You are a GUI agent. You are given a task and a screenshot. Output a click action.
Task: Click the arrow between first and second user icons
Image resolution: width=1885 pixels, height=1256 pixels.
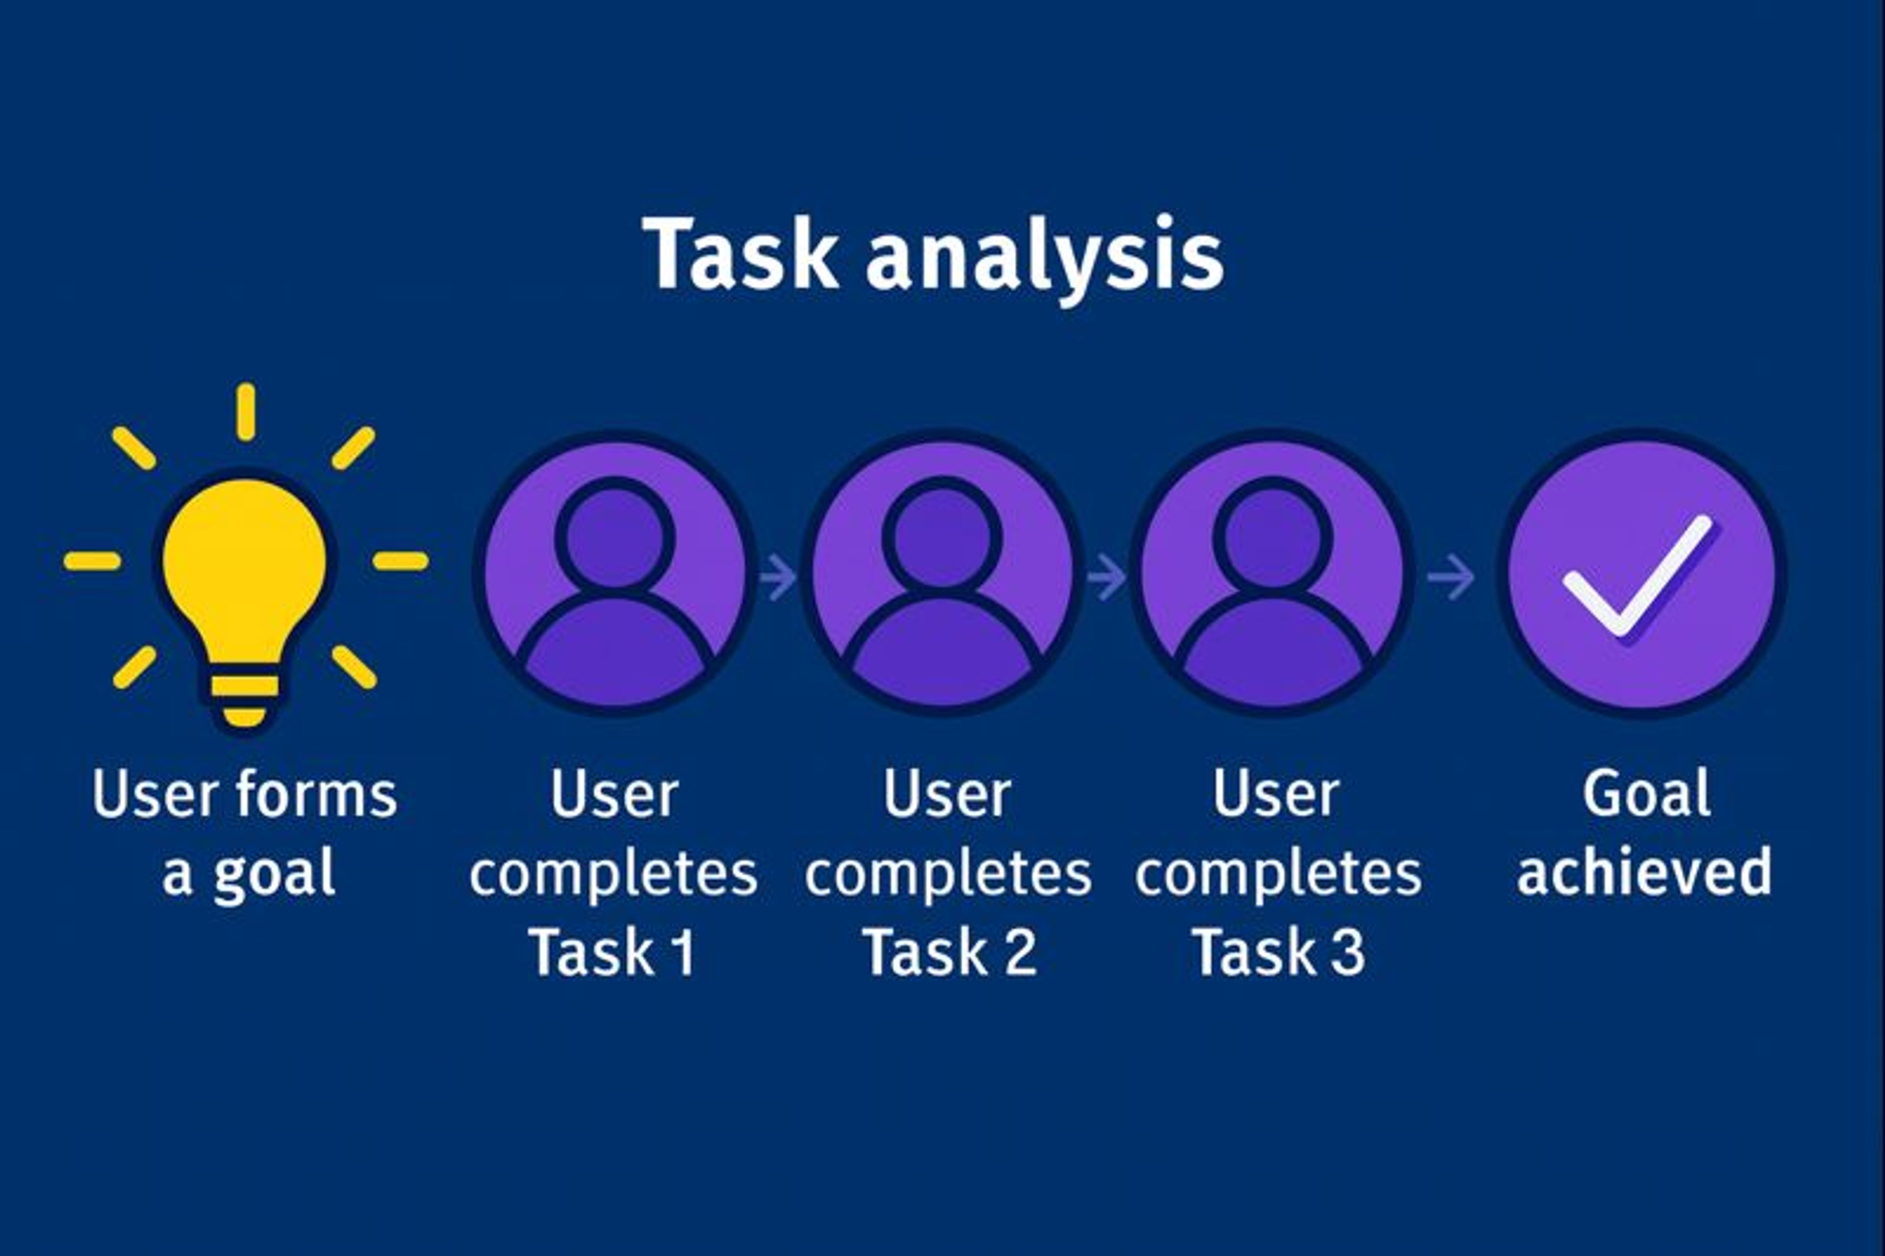[778, 577]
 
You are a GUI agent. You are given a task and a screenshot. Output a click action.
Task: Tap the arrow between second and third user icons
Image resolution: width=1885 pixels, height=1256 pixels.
[1106, 577]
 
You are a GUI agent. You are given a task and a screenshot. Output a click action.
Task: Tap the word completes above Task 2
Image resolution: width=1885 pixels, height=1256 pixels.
[948, 874]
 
